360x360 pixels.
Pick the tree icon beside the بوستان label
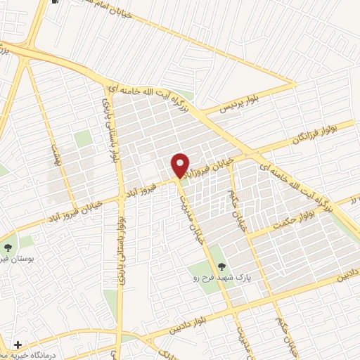(8, 248)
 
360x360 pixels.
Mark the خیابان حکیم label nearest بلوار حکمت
(236, 191)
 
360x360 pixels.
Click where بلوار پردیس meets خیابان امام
(296, 84)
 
